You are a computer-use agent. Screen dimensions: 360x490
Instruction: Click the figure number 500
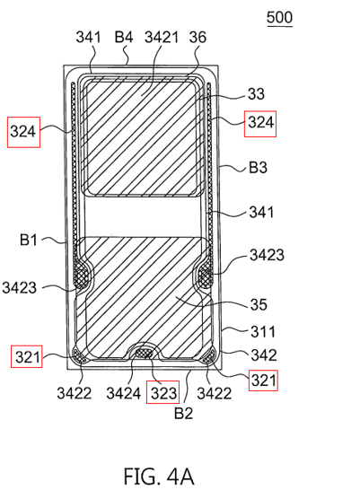279,18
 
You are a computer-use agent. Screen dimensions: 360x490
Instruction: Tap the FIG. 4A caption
159,477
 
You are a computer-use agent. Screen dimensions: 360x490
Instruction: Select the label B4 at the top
124,37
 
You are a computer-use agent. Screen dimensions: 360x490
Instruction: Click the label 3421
162,37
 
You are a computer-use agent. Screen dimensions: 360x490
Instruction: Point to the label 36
198,37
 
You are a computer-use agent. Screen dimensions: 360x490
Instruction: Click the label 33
256,93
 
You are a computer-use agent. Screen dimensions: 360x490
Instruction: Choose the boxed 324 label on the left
23,132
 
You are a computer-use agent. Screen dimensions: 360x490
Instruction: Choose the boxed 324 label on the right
260,124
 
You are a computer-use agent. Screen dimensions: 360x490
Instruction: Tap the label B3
258,168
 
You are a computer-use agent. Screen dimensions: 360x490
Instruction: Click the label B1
29,240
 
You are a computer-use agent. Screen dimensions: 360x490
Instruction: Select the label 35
259,304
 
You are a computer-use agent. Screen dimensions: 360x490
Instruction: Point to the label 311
262,331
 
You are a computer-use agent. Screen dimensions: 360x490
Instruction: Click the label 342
264,355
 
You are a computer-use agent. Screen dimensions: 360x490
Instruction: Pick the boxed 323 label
162,392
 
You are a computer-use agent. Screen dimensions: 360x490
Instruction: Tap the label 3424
123,393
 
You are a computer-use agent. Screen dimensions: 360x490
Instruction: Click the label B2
183,413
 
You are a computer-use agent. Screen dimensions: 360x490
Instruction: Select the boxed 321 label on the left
27,356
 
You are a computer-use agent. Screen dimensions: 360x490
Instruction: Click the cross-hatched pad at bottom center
144,354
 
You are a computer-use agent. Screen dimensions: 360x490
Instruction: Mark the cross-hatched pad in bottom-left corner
79,355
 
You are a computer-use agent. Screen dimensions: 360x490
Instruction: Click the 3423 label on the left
20,287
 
